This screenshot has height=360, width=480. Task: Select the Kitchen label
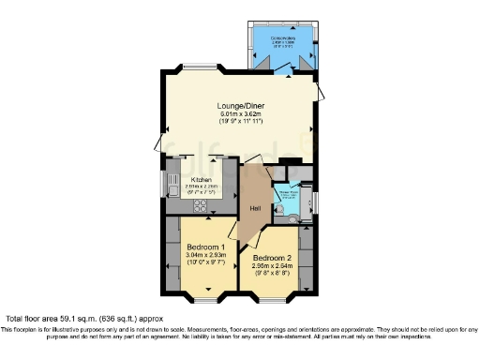coord(202,179)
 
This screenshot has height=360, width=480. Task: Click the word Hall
coord(254,209)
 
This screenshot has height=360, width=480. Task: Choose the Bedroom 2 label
coord(273,258)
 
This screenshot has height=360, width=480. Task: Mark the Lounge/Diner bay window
coord(200,67)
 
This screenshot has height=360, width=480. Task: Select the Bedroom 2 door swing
coord(254,238)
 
